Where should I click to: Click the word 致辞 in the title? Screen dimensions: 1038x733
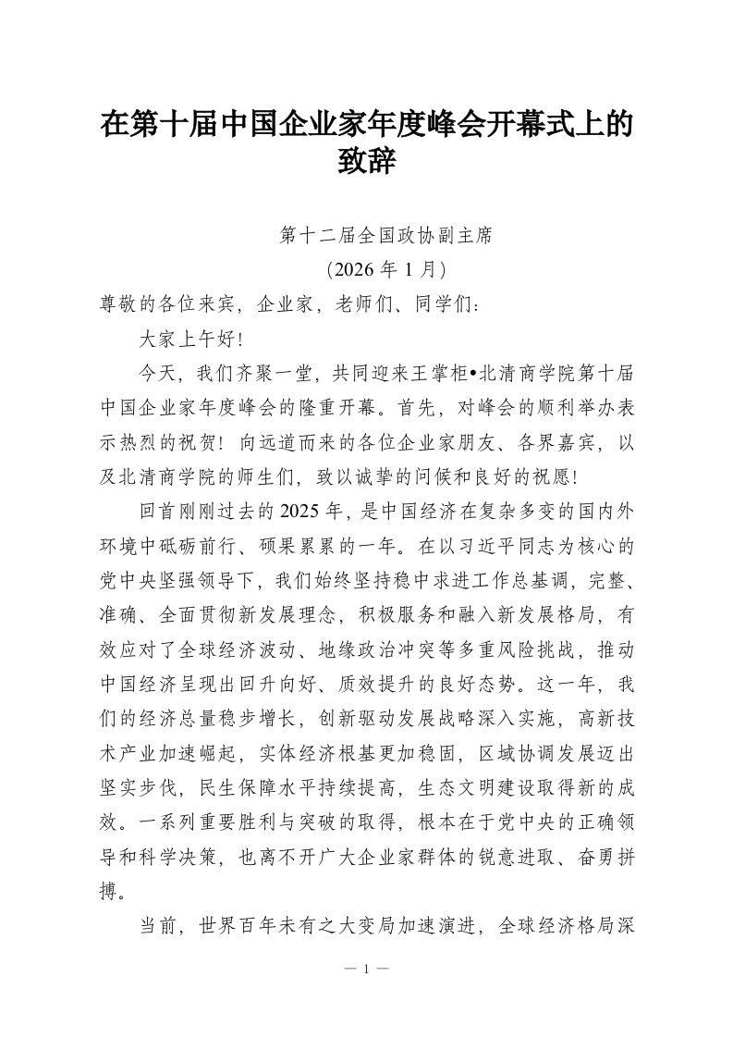click(367, 164)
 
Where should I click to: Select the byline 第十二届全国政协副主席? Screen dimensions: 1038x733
click(387, 236)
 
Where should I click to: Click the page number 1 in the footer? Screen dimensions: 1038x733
click(367, 969)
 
